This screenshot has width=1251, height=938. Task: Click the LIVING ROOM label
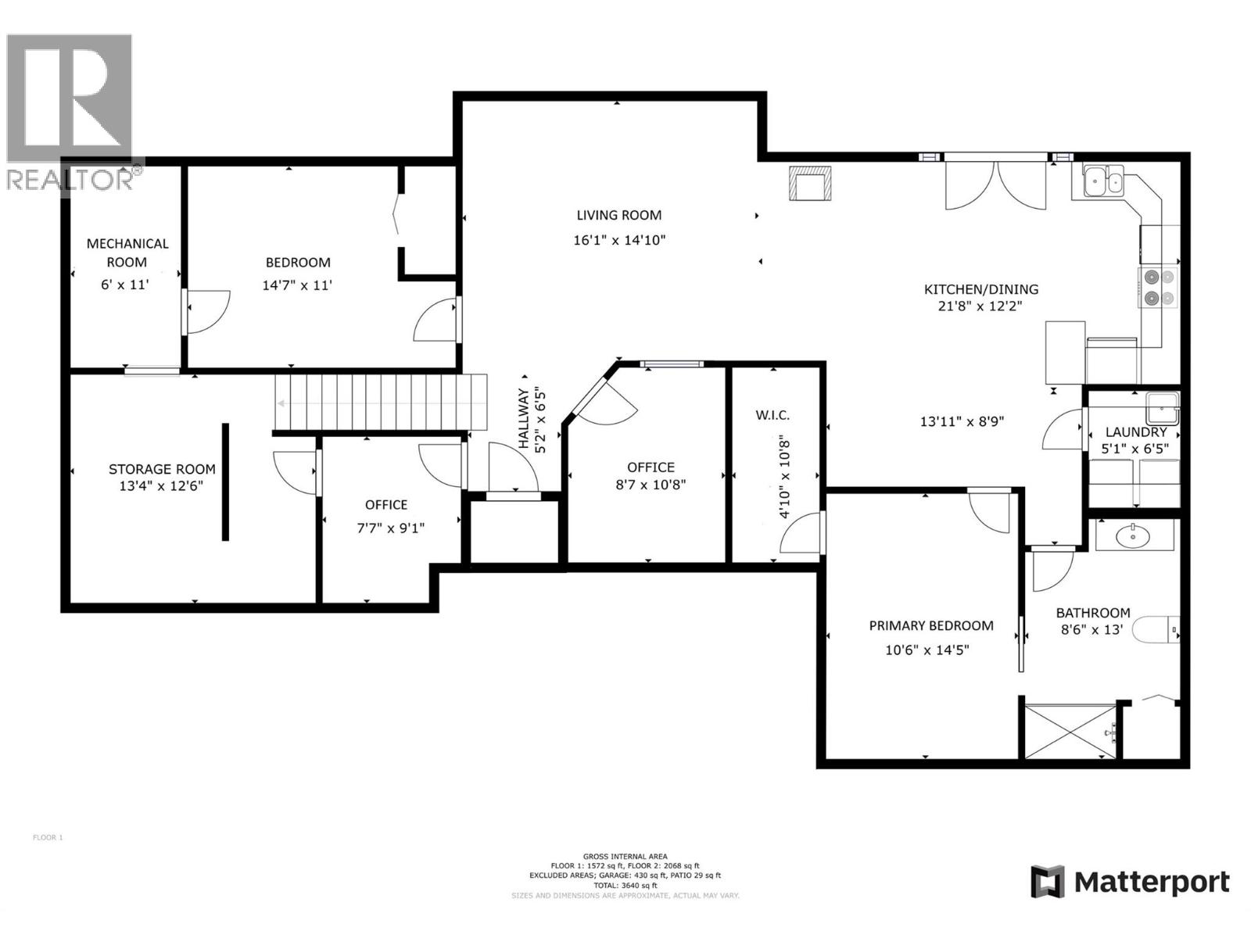pyautogui.click(x=618, y=215)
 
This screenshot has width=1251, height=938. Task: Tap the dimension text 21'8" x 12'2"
pyautogui.click(x=980, y=306)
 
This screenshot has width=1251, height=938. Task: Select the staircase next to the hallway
pyautogui.click(x=380, y=402)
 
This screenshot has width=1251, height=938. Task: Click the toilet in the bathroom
pyautogui.click(x=1156, y=629)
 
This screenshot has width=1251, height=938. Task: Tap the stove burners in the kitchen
pyautogui.click(x=1158, y=287)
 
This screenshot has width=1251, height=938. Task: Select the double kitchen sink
pyautogui.click(x=1103, y=182)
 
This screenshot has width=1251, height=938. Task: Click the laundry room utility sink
pyautogui.click(x=1162, y=407)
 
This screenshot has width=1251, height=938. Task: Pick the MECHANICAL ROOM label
pyautogui.click(x=127, y=252)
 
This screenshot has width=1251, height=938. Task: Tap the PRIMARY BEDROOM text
pyautogui.click(x=930, y=625)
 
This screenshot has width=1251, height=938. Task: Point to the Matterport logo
pyautogui.click(x=1129, y=883)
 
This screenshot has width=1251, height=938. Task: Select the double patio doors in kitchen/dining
pyautogui.click(x=995, y=184)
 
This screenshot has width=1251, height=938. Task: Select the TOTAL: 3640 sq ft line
pyautogui.click(x=625, y=886)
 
